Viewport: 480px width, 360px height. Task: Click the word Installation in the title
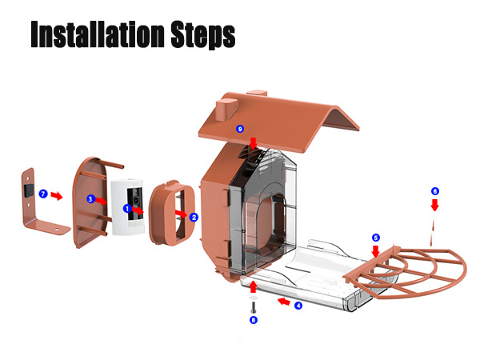tap(98, 34)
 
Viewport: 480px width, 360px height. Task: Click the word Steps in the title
tap(203, 34)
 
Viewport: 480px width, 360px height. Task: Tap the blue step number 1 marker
tap(127, 209)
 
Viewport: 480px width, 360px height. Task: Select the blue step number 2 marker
tap(194, 218)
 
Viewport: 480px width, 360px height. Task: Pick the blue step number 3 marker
tap(90, 199)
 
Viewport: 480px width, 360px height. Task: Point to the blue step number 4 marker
tap(298, 306)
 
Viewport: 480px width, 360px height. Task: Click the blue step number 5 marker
tap(376, 238)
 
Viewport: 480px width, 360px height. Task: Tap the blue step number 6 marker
tap(435, 191)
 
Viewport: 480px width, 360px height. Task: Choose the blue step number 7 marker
tap(43, 194)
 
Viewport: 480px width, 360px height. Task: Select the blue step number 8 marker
tap(253, 320)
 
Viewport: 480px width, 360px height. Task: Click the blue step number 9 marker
tap(240, 129)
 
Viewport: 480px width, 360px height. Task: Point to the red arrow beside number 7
tap(57, 196)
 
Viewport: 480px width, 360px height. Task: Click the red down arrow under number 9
tap(253, 143)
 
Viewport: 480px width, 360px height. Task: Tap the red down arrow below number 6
tap(434, 205)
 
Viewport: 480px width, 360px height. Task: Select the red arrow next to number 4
tap(284, 302)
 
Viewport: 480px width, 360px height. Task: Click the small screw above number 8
tap(254, 307)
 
